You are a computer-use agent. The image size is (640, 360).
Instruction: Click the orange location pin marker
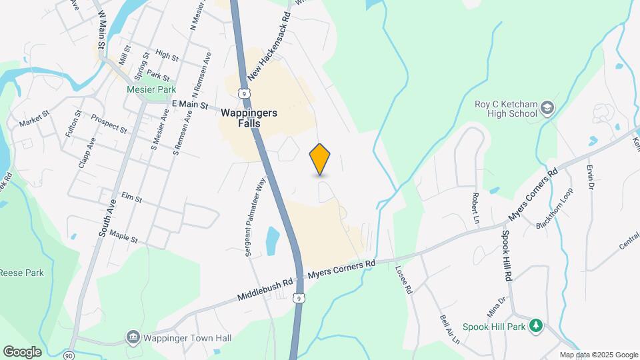tap(320, 159)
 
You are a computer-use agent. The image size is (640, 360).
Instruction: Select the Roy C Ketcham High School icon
tap(547, 107)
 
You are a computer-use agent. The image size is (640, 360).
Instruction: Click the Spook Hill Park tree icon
tap(535, 325)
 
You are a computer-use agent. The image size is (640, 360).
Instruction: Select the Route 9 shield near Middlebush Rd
tap(301, 299)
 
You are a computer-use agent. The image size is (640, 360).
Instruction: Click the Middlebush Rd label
tap(265, 288)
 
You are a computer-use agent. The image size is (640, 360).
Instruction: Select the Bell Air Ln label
tap(450, 329)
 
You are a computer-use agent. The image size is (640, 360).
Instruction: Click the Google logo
tap(22, 351)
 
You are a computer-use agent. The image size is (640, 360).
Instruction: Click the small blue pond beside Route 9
tap(273, 241)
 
